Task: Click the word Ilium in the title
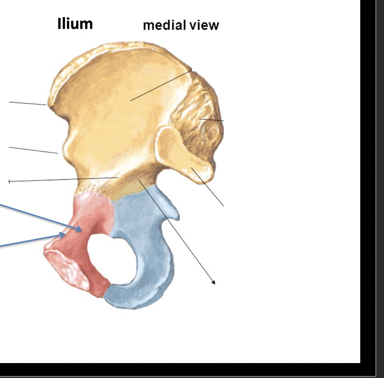[x=75, y=24]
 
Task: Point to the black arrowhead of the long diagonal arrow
[x=213, y=283]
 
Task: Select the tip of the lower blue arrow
[x=65, y=234]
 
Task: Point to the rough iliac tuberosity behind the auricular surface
[x=199, y=115]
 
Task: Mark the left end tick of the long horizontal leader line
[x=9, y=181]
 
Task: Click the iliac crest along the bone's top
[x=115, y=48]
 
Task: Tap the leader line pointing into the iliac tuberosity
[x=212, y=120]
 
